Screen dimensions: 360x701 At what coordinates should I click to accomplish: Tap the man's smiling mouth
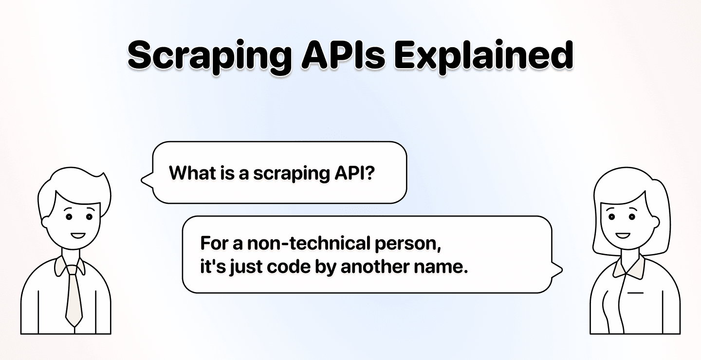pyautogui.click(x=77, y=236)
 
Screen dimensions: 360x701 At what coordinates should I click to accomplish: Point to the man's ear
pyautogui.click(x=46, y=221)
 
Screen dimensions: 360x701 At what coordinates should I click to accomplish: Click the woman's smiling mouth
pyautogui.click(x=623, y=236)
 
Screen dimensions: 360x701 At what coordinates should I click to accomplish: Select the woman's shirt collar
pyautogui.click(x=628, y=266)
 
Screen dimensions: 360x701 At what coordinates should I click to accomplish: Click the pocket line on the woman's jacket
pyautogui.click(x=635, y=293)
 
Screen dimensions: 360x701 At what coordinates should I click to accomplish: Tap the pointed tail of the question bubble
pyautogui.click(x=145, y=180)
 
